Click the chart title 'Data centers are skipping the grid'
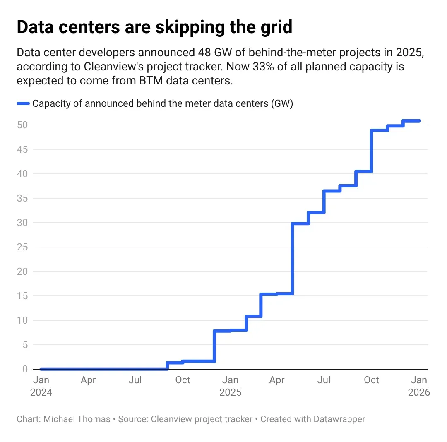click(154, 27)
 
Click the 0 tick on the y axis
click(25, 369)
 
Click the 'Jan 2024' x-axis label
click(41, 386)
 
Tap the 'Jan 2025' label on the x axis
click(230, 386)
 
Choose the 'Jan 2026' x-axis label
click(419, 386)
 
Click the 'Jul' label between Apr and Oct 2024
click(135, 380)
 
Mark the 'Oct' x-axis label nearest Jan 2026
click(371, 380)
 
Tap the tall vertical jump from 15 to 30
click(292, 259)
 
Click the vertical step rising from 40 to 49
click(371, 151)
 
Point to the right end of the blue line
click(419, 121)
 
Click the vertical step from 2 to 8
click(214, 346)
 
